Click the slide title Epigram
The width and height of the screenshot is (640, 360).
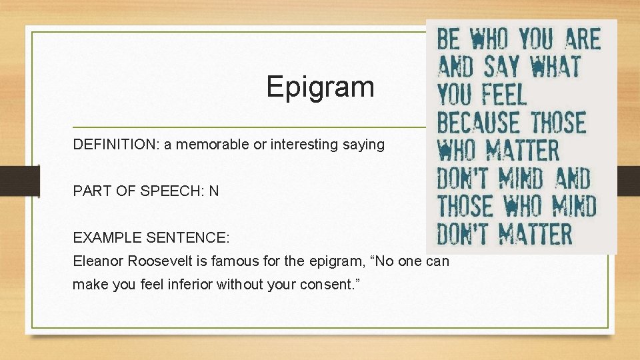[x=320, y=87]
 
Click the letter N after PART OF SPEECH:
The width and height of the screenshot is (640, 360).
[x=213, y=191]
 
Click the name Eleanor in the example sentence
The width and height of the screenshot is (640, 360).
[x=97, y=261]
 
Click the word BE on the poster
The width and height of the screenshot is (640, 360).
[x=449, y=40]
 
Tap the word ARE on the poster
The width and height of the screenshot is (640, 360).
[x=582, y=40]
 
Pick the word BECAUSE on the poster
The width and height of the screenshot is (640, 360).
[x=479, y=123]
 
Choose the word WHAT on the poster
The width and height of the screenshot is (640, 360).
[x=555, y=67]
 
